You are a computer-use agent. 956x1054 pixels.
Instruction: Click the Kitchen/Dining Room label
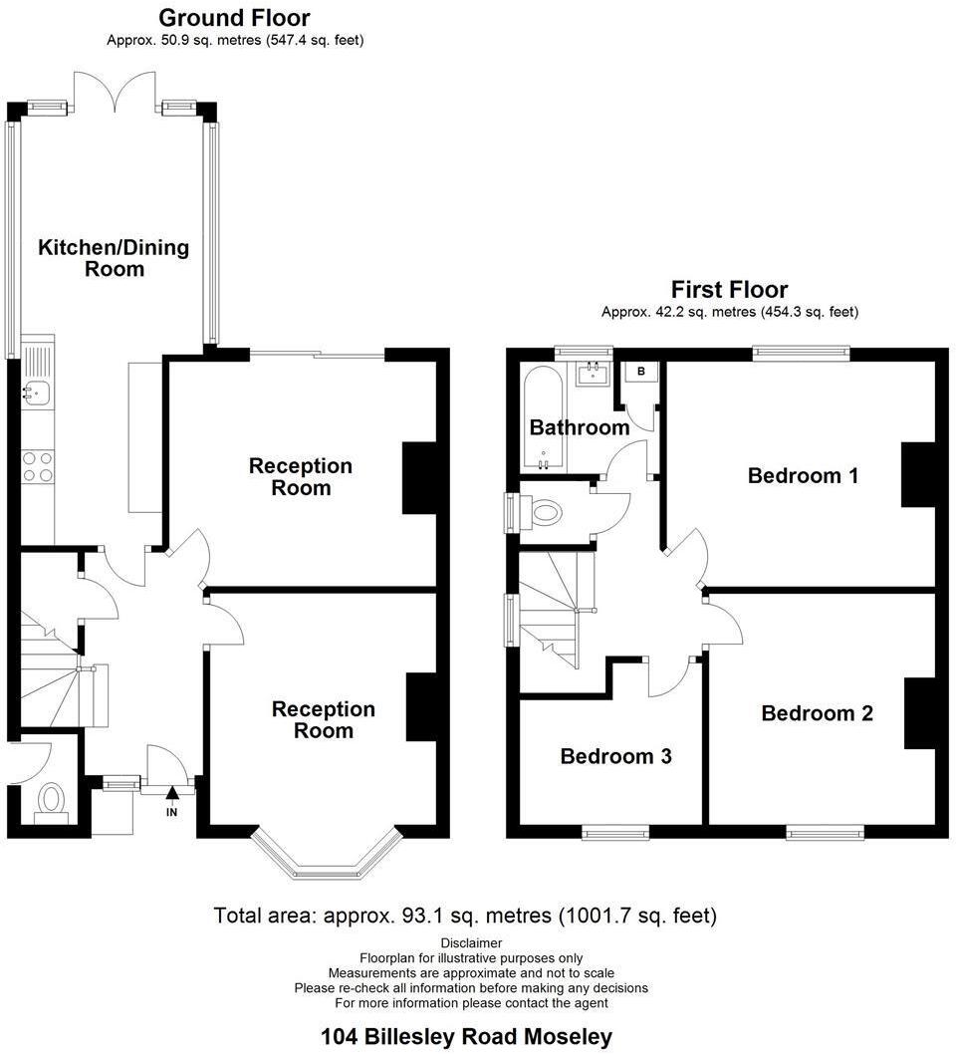[x=113, y=258]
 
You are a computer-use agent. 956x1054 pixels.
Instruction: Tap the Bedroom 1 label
[x=803, y=476]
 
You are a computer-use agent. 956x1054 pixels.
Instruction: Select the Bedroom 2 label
[x=817, y=713]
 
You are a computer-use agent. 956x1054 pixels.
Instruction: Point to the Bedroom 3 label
[x=615, y=756]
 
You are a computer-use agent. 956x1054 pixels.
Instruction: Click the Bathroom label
[x=579, y=428]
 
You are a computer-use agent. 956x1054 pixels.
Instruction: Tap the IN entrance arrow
[x=172, y=798]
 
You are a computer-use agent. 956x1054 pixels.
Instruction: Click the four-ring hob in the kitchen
[x=38, y=467]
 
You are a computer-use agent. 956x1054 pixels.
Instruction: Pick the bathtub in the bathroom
[x=543, y=418]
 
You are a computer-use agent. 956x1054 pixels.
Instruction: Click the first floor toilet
[x=545, y=514]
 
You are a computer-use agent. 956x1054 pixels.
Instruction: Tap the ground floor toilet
[x=50, y=800]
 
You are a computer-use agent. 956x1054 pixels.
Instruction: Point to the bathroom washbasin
[x=592, y=375]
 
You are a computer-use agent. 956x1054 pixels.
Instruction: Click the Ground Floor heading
[x=234, y=18]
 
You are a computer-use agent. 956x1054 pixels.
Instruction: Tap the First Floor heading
[x=729, y=290]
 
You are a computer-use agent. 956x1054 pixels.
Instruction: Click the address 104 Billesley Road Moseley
[x=466, y=1037]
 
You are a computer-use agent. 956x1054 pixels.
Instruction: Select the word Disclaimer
[x=471, y=942]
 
